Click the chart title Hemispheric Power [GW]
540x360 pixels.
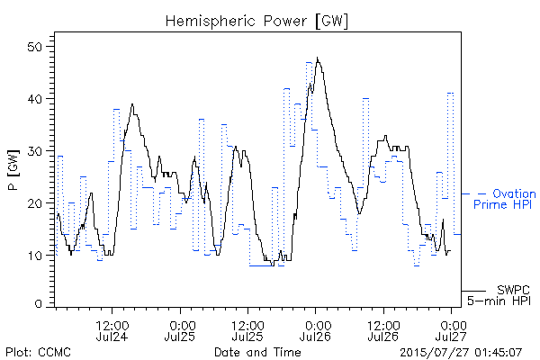[x=256, y=22]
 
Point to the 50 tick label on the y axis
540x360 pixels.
[x=35, y=47]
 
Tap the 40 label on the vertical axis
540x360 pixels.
[x=35, y=99]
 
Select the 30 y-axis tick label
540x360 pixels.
[x=35, y=151]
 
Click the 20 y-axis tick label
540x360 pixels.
[x=35, y=203]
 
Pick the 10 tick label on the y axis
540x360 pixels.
[x=35, y=256]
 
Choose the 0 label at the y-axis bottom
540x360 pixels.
[x=38, y=304]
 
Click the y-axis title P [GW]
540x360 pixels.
[x=13, y=170]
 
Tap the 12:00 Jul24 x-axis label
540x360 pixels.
[x=112, y=330]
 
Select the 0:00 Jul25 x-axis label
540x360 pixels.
[x=180, y=330]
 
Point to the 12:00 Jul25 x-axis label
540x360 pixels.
[x=247, y=330]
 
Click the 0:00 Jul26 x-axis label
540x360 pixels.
[x=316, y=330]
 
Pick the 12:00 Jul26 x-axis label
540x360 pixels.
[x=383, y=330]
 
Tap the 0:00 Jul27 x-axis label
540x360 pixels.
[x=451, y=330]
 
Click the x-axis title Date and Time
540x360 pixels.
[x=257, y=352]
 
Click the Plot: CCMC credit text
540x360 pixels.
[x=38, y=352]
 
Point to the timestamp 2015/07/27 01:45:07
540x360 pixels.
[x=461, y=352]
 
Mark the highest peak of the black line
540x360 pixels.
[x=317, y=58]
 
